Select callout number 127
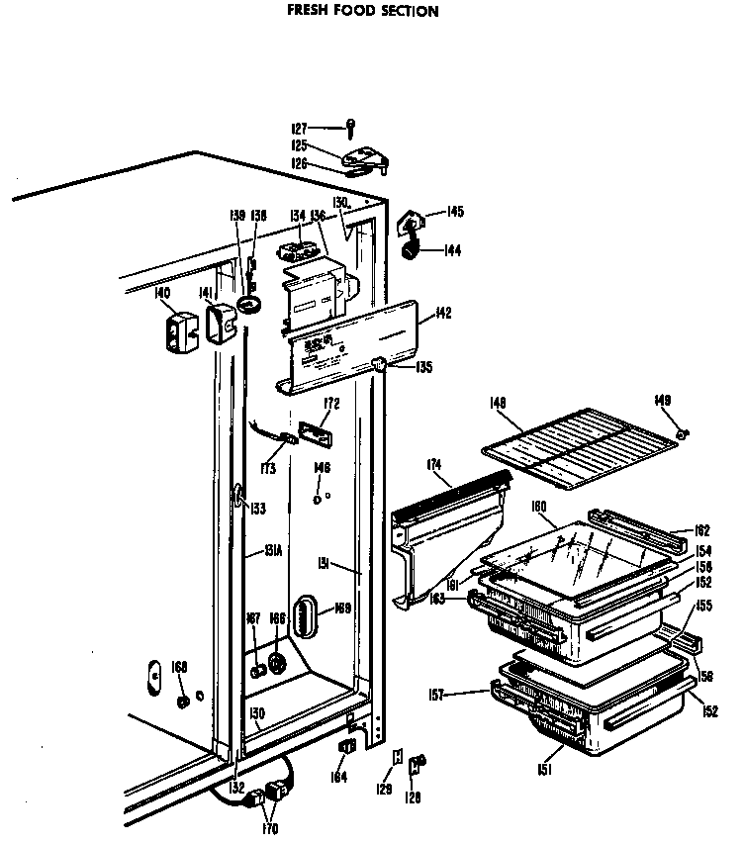click(299, 128)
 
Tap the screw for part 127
click(350, 127)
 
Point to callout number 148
click(498, 402)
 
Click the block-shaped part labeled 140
click(179, 331)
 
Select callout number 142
click(442, 314)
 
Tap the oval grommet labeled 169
click(309, 620)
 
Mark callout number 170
click(271, 828)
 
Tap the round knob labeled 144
click(408, 252)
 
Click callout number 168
click(178, 667)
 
